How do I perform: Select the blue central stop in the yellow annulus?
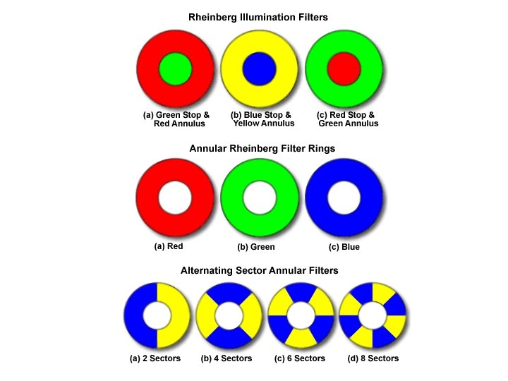[259, 68]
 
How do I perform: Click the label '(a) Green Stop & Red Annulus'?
[176, 119]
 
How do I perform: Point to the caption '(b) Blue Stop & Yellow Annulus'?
[262, 119]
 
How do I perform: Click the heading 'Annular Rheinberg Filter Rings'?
[258, 149]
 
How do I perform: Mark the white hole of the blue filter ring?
[344, 198]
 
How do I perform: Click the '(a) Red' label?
[169, 246]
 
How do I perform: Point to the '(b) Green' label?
[256, 247]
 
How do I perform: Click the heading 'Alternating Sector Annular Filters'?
[259, 270]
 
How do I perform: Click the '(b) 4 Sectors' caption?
[226, 358]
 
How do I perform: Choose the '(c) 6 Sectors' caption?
[300, 358]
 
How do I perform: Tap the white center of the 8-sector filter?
[373, 315]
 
